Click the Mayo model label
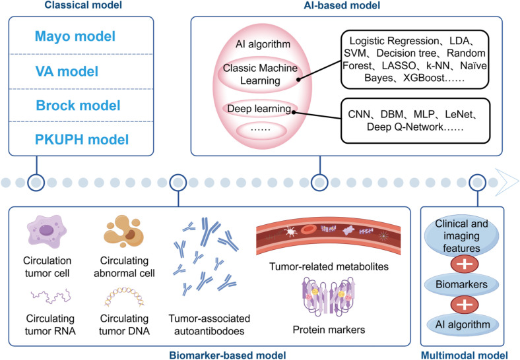[x=75, y=36]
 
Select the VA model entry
[x=67, y=71]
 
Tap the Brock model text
[x=79, y=105]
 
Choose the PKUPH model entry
[x=82, y=140]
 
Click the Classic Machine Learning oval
[x=261, y=74]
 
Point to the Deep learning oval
[x=259, y=109]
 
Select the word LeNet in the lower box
[x=459, y=114]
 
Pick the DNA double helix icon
[x=124, y=297]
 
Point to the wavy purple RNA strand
[x=51, y=296]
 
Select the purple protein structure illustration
[x=329, y=296]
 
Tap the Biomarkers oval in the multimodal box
[x=462, y=284]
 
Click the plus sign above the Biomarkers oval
[x=465, y=264]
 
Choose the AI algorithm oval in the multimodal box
[x=463, y=324]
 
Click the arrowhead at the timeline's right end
[x=507, y=182]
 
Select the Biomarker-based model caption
[x=228, y=355]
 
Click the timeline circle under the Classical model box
[x=36, y=182]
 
